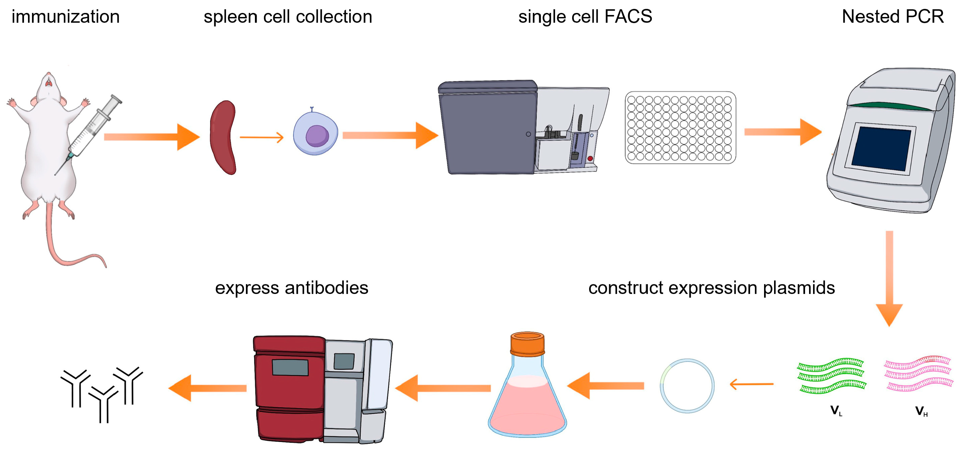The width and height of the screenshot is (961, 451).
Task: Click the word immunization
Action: pyautogui.click(x=66, y=17)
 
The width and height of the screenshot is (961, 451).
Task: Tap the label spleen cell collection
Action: pyautogui.click(x=288, y=17)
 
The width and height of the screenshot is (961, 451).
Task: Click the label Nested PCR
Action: pyautogui.click(x=893, y=17)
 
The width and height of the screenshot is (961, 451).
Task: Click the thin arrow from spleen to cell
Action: pyautogui.click(x=261, y=137)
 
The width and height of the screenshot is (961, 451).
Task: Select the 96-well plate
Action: pyautogui.click(x=680, y=128)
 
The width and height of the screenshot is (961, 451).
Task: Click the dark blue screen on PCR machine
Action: pyautogui.click(x=882, y=148)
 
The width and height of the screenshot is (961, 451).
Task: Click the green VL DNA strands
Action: pyautogui.click(x=831, y=376)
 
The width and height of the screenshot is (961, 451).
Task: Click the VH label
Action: pyautogui.click(x=921, y=411)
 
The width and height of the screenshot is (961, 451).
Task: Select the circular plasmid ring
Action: pyautogui.click(x=687, y=386)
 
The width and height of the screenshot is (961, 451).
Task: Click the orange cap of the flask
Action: pyautogui.click(x=527, y=344)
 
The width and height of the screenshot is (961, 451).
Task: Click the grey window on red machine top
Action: pyautogui.click(x=290, y=367)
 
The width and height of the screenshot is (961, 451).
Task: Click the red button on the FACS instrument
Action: pyautogui.click(x=590, y=159)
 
